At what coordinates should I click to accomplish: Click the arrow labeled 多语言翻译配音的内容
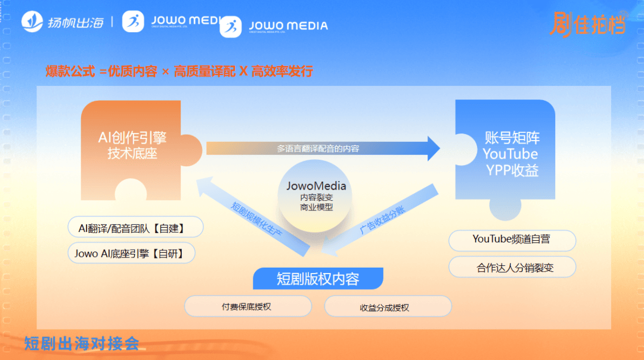[x=322, y=148]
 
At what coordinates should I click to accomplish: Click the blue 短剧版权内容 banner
[x=318, y=278]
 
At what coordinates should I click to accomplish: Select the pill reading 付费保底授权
[x=247, y=306]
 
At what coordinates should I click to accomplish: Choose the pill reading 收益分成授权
[x=388, y=307]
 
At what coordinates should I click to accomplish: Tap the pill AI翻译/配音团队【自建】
[x=135, y=227]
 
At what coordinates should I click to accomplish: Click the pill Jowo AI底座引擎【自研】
[x=131, y=253]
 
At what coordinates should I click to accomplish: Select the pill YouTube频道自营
[x=512, y=240]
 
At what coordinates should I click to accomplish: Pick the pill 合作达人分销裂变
[x=512, y=268]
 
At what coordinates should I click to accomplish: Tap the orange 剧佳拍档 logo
[x=587, y=24]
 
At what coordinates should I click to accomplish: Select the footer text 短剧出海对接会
[x=82, y=344]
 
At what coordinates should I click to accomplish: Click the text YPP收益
[x=512, y=170]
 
